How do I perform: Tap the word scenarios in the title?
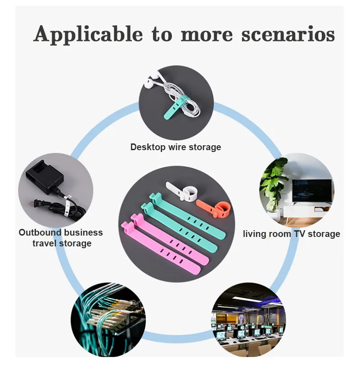(288, 34)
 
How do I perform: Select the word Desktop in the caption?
(147, 147)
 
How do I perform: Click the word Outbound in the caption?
(39, 232)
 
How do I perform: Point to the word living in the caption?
(256, 234)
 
